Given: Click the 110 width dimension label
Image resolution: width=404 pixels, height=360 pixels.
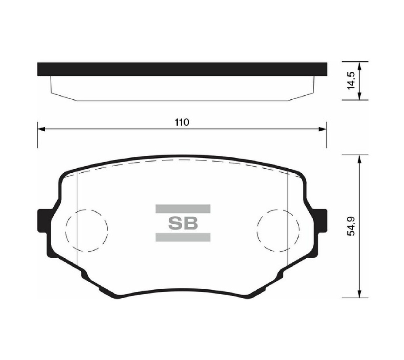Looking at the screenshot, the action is tap(182, 122).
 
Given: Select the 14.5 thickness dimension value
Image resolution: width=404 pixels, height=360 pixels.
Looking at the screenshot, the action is tap(351, 81).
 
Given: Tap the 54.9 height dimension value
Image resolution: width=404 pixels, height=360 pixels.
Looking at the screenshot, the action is tap(351, 226).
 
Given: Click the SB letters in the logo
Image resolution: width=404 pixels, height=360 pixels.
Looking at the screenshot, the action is tap(183, 223).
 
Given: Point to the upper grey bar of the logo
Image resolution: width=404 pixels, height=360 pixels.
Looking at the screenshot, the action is tap(183, 209).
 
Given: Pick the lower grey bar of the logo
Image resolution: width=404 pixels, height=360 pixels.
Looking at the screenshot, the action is tap(183, 237).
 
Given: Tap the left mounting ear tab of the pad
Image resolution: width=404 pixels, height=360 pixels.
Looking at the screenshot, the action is tap(42, 221).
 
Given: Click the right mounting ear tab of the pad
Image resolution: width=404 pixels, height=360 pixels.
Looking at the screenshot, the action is tap(322, 221).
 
